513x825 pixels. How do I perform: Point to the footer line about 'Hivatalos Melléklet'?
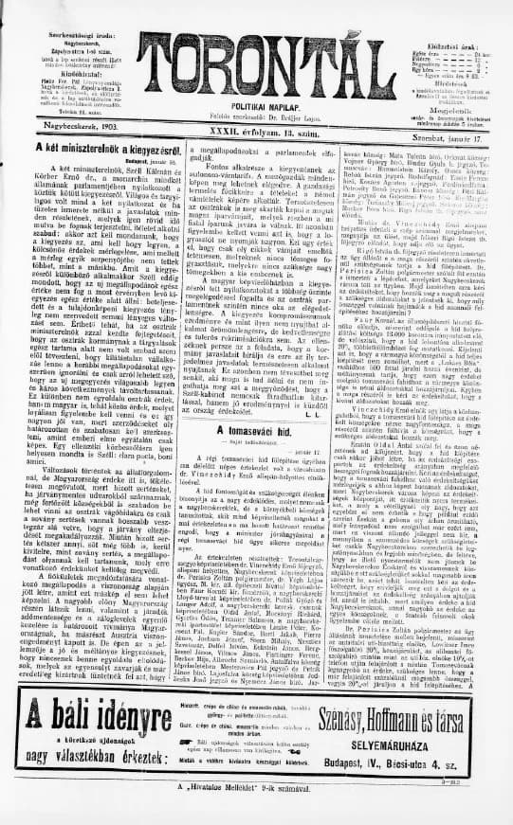257,787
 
